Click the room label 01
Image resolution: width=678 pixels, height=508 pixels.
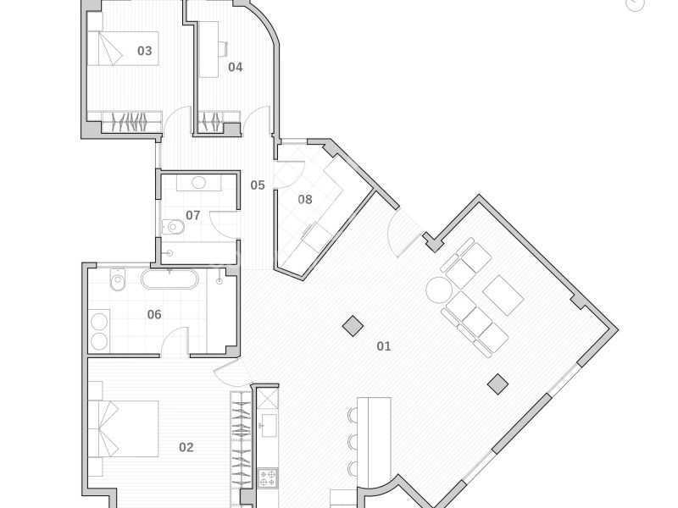(384, 346)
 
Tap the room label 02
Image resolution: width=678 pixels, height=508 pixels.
(186, 447)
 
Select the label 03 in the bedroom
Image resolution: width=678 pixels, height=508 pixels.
(144, 51)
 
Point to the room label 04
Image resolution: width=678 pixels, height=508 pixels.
(236, 67)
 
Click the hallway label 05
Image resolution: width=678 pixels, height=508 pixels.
(258, 185)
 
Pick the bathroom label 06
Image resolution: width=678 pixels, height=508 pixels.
(154, 314)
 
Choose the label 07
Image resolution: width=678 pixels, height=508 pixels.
(193, 215)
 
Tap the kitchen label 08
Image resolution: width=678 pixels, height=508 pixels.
(305, 199)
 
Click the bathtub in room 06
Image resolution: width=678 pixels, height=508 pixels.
(169, 279)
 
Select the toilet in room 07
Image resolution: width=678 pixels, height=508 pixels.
(174, 226)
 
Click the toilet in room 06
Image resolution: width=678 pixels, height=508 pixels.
(117, 280)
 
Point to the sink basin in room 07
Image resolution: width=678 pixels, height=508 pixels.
(198, 182)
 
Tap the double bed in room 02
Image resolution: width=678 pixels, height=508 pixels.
(123, 428)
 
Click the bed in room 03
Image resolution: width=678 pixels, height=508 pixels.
(123, 48)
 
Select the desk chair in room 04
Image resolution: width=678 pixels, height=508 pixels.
(223, 49)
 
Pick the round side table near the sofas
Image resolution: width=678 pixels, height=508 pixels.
(439, 290)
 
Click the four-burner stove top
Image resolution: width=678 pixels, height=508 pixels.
(268, 478)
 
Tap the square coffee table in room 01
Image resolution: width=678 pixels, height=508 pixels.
(503, 295)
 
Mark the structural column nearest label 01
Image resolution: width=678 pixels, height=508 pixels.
(353, 325)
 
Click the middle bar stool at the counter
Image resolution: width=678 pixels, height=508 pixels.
(353, 441)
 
